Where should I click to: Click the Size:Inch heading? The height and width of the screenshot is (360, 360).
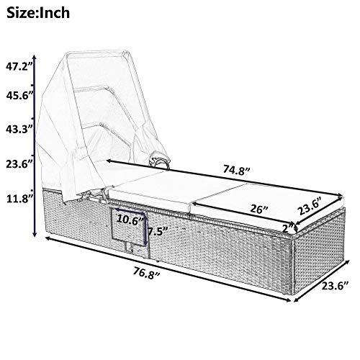coord(38,12)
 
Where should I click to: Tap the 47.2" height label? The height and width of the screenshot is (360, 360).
coord(19,67)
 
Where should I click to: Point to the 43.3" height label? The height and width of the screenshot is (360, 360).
coord(19,130)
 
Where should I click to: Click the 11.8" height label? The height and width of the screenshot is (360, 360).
coord(19,199)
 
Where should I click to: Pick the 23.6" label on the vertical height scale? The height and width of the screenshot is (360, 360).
coord(19,164)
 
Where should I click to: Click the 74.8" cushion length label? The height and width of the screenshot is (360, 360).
coord(237,170)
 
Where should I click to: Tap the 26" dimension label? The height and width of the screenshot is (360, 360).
coord(258,209)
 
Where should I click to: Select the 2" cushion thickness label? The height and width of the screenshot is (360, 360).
coord(288,228)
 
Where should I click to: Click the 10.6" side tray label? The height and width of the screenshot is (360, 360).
coord(131,220)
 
